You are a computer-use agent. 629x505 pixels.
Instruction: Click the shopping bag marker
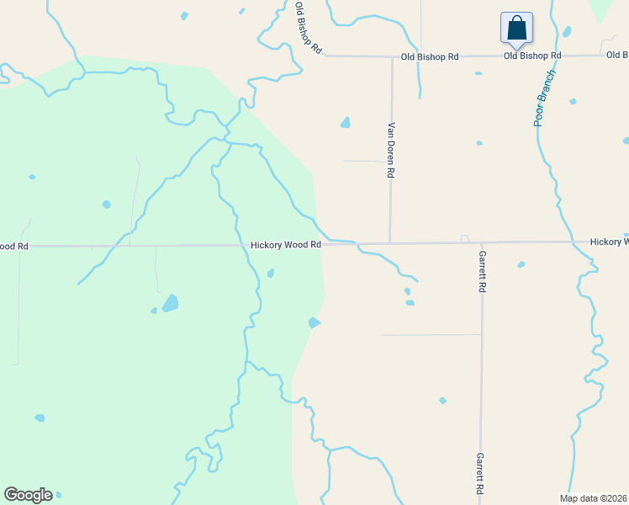[x=515, y=28]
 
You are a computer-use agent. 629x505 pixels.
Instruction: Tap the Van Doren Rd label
[x=391, y=151]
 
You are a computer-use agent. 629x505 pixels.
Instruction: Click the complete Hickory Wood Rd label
[x=286, y=245]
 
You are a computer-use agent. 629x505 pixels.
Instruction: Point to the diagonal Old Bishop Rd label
[x=309, y=28]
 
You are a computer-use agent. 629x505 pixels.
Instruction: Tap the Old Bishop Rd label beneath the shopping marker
[x=532, y=56]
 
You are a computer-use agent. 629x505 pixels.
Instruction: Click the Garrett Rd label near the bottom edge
[x=480, y=473]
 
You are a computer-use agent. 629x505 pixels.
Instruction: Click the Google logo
[x=28, y=495]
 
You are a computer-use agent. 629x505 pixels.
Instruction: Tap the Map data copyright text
[x=594, y=498]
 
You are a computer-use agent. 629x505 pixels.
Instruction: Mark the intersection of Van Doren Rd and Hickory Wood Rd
[x=390, y=244]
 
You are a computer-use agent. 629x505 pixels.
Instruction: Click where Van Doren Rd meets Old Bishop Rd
[x=392, y=57]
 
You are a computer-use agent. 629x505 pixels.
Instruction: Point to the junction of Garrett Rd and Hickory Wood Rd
[x=482, y=243]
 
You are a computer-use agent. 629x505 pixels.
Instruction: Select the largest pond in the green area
[x=171, y=303]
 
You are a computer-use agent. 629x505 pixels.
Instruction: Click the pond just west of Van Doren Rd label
[x=346, y=123]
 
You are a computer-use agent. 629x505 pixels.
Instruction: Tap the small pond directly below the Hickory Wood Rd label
[x=270, y=273]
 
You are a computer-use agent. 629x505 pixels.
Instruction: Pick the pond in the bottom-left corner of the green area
[x=40, y=417]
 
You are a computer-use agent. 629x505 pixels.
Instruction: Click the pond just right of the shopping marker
[x=566, y=32]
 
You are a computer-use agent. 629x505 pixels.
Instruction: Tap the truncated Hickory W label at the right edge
[x=609, y=242]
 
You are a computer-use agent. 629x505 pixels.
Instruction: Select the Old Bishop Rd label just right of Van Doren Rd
[x=430, y=56]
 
